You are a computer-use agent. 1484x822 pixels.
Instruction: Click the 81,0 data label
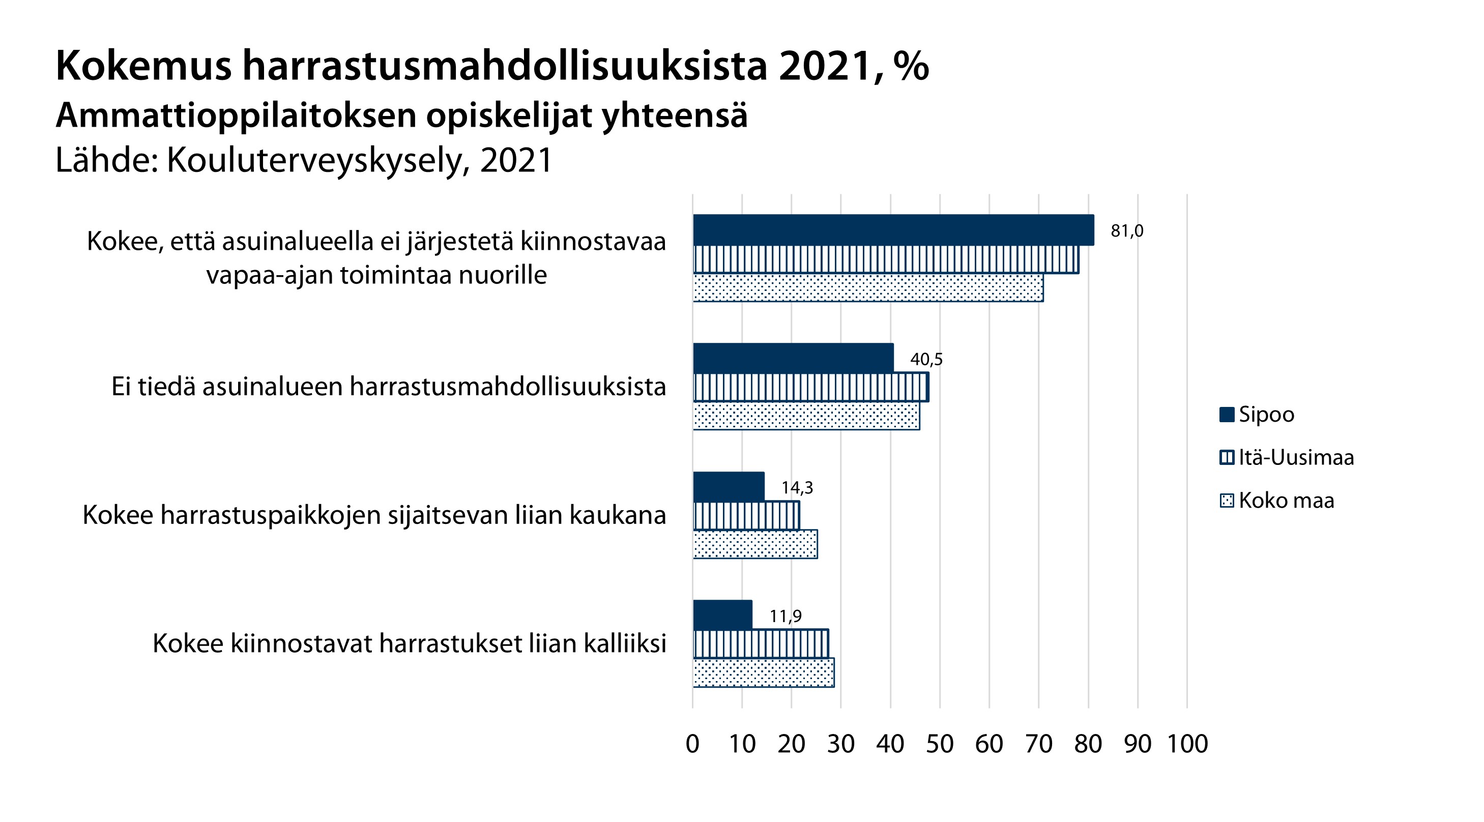coord(1127,231)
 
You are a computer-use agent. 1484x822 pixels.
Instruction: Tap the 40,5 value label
coord(926,360)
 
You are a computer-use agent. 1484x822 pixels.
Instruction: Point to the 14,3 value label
coord(797,488)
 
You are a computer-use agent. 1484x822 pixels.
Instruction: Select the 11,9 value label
coord(785,616)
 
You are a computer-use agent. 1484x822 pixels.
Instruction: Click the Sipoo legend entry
coord(1266,414)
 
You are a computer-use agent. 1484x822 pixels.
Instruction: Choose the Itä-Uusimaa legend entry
coord(1296,457)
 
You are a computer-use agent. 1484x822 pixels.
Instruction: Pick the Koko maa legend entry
coord(1286,500)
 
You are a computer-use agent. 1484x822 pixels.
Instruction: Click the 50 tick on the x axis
coord(940,744)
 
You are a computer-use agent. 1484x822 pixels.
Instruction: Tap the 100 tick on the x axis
coord(1187,744)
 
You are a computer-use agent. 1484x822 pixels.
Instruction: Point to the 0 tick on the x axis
coord(692,744)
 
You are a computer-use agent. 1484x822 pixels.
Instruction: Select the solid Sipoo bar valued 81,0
coord(893,230)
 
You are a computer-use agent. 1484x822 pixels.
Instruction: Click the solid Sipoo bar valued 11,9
coord(722,614)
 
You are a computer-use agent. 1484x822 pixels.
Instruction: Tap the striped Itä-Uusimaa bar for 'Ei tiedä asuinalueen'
coord(810,387)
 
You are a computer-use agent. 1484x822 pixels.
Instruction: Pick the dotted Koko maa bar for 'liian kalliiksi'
coord(763,672)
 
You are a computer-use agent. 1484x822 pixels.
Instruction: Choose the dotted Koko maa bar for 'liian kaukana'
coord(754,544)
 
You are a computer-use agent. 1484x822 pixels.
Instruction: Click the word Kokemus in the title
coord(143,66)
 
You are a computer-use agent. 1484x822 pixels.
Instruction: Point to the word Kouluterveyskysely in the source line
coord(314,160)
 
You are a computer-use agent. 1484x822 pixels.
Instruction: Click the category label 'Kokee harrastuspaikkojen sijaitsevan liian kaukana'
coord(374,515)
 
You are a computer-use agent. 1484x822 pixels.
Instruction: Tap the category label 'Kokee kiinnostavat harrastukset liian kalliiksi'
coord(409,643)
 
